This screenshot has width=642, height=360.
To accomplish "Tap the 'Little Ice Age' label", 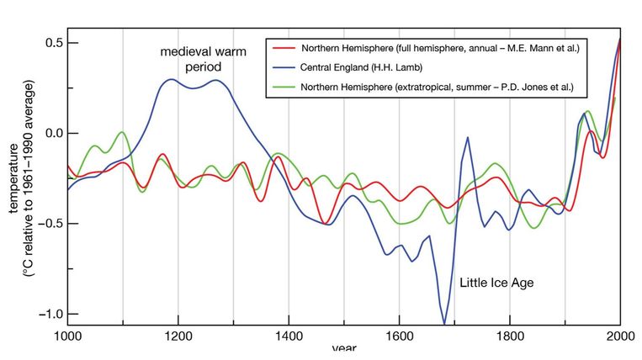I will click(496, 283).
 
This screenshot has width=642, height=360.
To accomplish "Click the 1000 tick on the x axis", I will click(68, 337).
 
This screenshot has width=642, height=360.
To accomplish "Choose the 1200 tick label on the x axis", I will click(178, 337).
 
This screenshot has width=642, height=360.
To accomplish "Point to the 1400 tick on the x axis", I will click(288, 337).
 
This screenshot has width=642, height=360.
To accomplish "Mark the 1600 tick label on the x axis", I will click(399, 337).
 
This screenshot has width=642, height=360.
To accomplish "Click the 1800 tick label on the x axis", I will click(509, 337).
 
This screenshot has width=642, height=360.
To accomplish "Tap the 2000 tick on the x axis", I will click(619, 337).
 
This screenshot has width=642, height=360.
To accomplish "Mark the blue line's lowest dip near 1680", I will click(443, 323).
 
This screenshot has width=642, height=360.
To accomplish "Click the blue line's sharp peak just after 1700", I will click(467, 137).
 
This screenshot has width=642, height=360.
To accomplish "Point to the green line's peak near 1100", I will click(123, 132).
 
